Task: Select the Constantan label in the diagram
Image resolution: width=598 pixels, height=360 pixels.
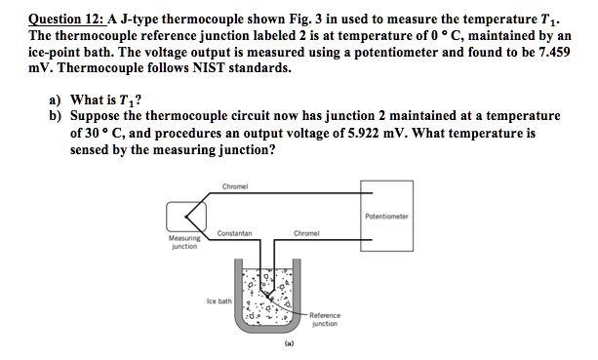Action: point(236,233)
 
